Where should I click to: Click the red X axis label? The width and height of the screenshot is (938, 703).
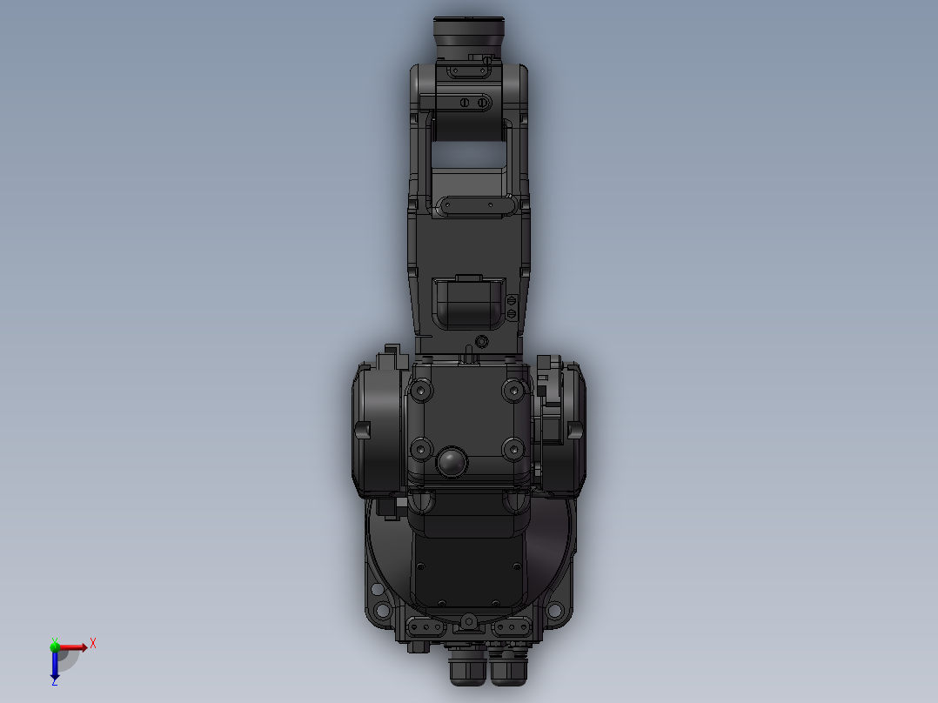93,643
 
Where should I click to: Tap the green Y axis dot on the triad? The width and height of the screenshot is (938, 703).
55,646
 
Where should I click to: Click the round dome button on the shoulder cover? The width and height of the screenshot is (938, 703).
452,462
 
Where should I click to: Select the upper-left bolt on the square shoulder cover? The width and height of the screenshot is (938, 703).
422,392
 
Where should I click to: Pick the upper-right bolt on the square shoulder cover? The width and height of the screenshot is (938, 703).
513,392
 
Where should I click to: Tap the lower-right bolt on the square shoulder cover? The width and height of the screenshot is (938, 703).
513,449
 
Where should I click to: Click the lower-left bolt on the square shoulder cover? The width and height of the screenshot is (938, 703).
422,449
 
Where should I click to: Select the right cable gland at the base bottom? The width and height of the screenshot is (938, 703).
508,670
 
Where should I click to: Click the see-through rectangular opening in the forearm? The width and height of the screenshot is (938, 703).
469,157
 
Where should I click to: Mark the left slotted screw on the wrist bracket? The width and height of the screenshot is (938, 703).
465,103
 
